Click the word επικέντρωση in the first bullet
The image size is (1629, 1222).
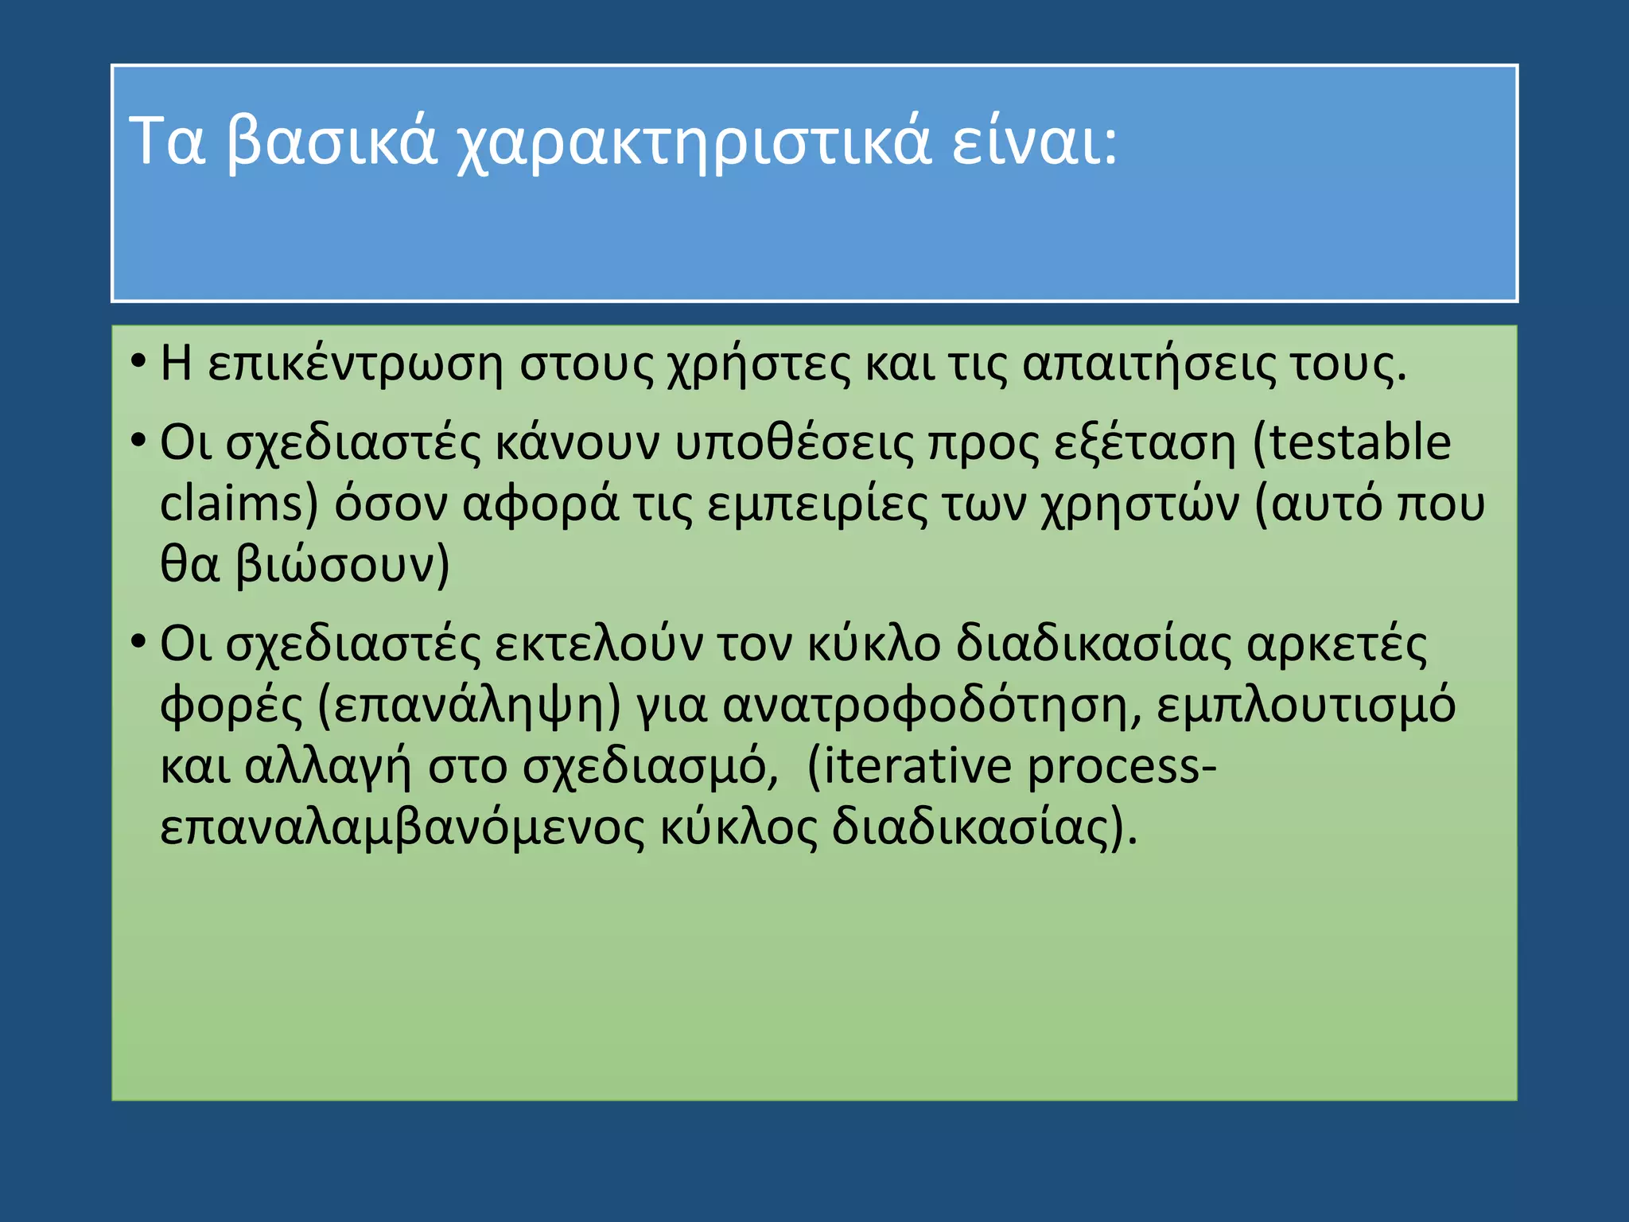(x=355, y=366)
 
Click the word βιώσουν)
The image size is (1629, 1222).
(x=343, y=566)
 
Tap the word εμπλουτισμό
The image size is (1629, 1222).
(x=1305, y=706)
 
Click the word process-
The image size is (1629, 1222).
(x=1122, y=767)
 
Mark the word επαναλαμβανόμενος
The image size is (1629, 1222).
(x=402, y=828)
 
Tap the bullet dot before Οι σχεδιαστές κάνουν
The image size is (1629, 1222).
(x=138, y=439)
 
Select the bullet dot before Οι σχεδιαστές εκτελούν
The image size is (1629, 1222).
(x=138, y=640)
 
